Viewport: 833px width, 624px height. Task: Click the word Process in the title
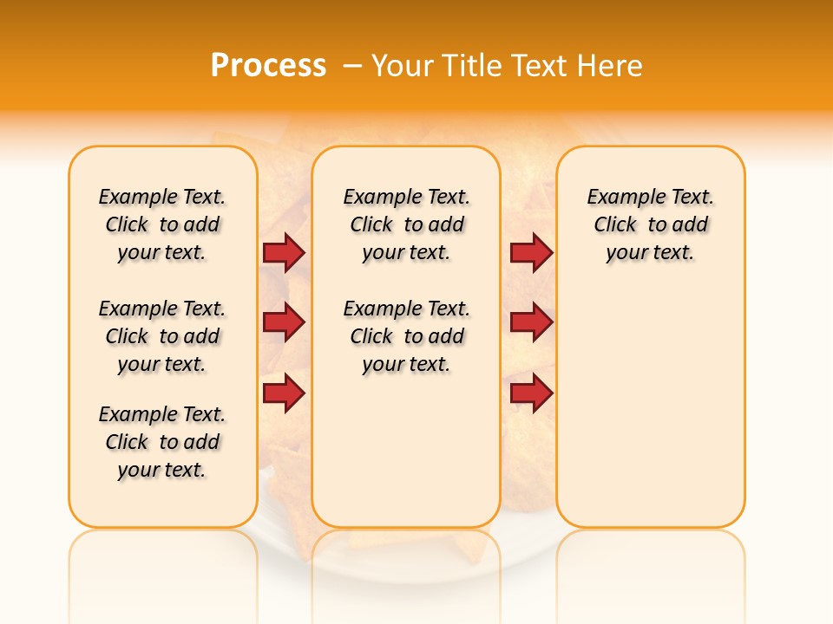point(268,66)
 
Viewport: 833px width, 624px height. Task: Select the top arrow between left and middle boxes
point(284,252)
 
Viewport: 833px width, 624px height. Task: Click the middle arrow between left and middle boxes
point(284,323)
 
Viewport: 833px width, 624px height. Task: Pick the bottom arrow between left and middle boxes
point(284,393)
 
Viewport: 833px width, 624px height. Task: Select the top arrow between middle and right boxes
point(531,252)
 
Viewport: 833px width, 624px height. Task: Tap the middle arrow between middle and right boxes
point(531,323)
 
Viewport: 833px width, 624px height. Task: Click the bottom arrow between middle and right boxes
point(531,393)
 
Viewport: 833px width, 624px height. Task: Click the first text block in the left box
point(162,224)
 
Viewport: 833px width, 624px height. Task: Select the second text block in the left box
point(162,336)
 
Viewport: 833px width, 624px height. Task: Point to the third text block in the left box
point(162,442)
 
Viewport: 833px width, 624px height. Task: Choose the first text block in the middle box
point(406,224)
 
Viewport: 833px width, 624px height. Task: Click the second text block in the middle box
point(406,336)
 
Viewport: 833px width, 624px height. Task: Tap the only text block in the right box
point(650,224)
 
